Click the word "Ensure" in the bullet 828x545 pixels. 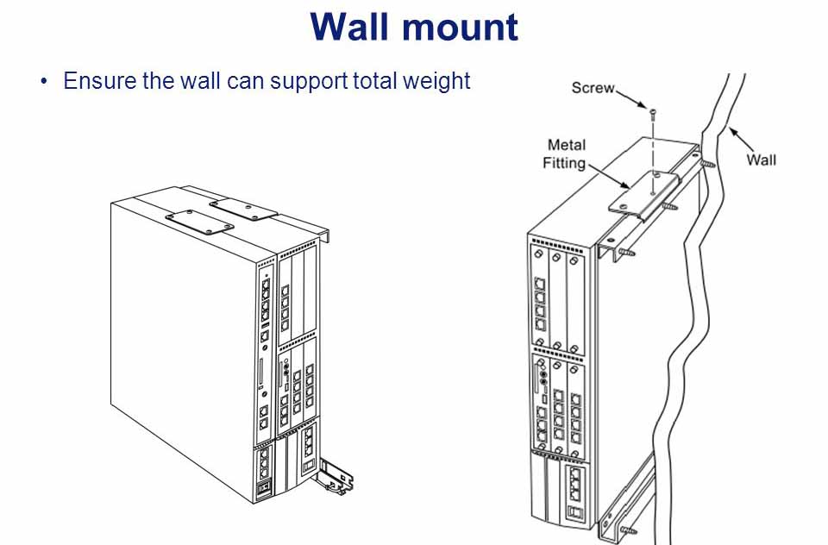(x=96, y=82)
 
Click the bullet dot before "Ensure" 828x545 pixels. (x=44, y=83)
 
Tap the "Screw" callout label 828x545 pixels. (x=593, y=88)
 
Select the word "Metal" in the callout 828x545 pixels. (x=566, y=145)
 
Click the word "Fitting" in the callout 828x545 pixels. (x=564, y=162)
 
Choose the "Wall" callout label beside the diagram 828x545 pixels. (x=761, y=160)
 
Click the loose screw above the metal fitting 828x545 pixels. (x=653, y=111)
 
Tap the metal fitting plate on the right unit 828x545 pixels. (x=643, y=197)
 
